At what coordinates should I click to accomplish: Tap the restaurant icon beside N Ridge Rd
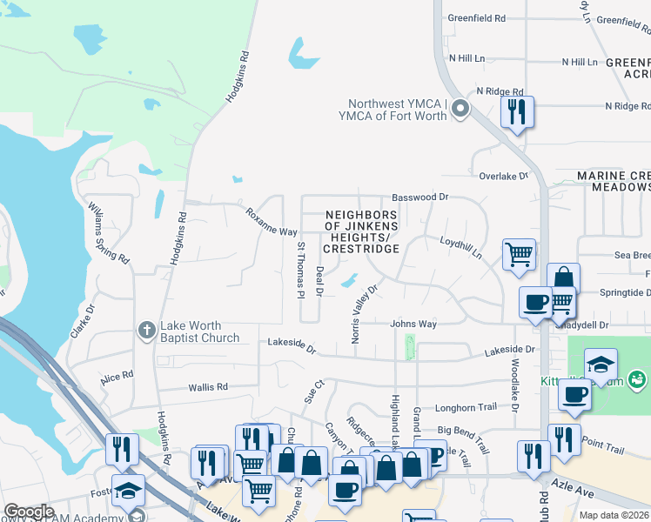click(517, 111)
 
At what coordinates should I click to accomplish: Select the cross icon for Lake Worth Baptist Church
click(147, 330)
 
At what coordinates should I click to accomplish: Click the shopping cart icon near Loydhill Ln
click(519, 254)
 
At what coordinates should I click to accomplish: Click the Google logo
click(29, 512)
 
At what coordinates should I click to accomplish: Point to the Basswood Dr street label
click(419, 197)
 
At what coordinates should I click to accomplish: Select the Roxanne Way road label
click(271, 221)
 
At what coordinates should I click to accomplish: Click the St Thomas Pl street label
click(300, 270)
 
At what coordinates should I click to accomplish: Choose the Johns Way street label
click(413, 325)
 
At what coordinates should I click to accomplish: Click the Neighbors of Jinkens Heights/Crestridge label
click(361, 231)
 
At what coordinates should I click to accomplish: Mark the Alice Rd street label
click(117, 377)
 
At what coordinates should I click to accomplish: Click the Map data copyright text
click(614, 515)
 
